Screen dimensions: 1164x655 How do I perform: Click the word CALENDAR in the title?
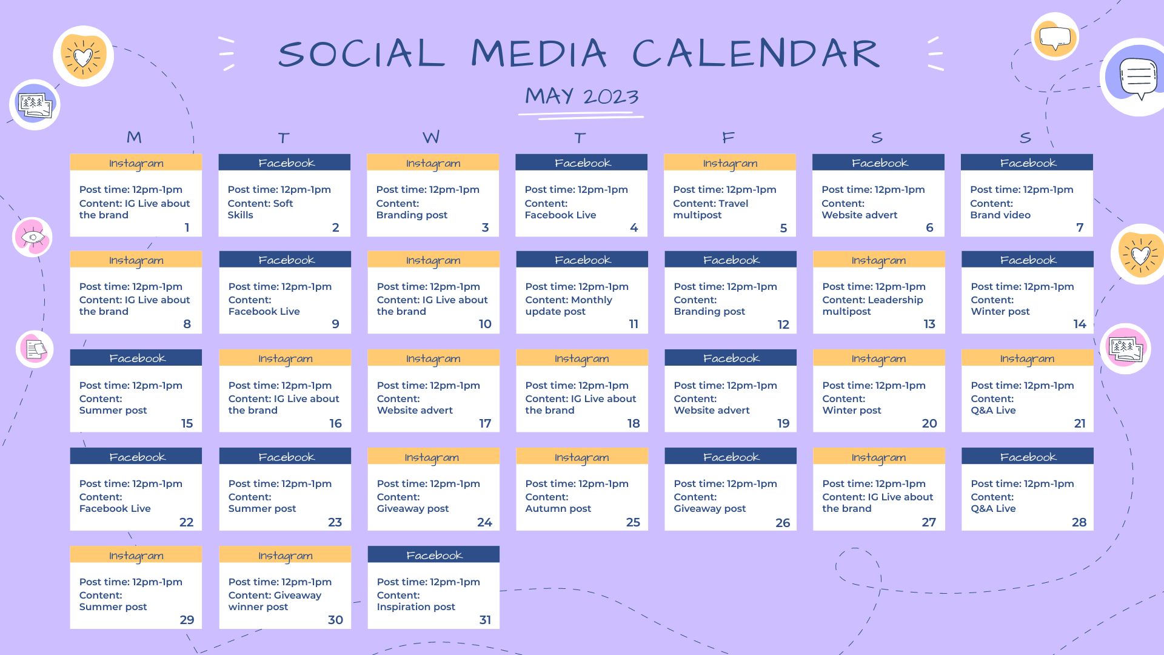(755, 53)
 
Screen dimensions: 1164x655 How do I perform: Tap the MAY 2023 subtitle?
(582, 96)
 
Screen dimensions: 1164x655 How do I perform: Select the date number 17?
(485, 423)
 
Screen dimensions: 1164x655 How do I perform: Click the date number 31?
(485, 620)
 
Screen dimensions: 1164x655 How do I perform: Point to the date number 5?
(783, 228)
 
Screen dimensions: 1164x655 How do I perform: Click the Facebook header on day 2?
(284, 163)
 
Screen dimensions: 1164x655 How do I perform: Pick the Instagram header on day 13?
(879, 260)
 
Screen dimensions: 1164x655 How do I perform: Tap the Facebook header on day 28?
(1028, 457)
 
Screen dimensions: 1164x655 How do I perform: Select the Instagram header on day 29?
(136, 555)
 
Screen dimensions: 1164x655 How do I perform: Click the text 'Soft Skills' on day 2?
(261, 209)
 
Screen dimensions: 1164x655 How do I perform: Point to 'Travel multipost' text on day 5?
(711, 209)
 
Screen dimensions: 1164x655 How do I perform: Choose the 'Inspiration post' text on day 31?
(416, 606)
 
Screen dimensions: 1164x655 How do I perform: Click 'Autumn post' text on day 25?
(558, 508)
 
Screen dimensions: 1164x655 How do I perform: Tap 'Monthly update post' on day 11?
(569, 306)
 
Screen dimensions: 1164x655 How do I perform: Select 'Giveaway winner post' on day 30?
(275, 601)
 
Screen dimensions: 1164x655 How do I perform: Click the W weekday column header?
(431, 137)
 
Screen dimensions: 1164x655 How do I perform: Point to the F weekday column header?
(729, 138)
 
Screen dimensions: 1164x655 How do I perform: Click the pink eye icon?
(33, 237)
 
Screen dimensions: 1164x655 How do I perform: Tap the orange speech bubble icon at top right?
(1055, 36)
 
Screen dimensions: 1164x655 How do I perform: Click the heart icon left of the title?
(84, 56)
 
